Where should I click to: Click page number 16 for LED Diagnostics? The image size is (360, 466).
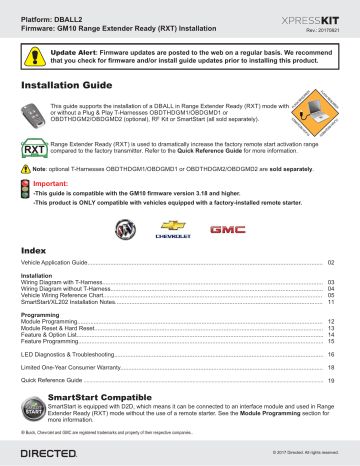[332, 354]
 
